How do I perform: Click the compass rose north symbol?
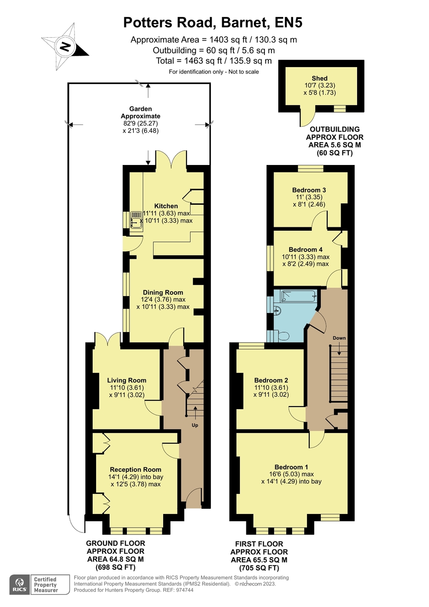[x=65, y=47]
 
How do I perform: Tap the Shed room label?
[x=319, y=78]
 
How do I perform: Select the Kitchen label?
[x=166, y=206]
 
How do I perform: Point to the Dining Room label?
[x=163, y=292]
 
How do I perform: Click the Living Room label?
[x=126, y=380]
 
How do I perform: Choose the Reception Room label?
[x=135, y=469]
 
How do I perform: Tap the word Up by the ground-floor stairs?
[x=195, y=425]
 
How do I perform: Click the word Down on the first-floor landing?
[x=339, y=338]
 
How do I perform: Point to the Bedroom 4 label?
[x=306, y=249]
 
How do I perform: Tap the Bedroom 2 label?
[x=271, y=380]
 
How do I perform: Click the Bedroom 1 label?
[x=291, y=467]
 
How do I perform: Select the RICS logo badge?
[x=19, y=584]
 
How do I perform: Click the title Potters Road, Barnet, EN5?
[x=213, y=23]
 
